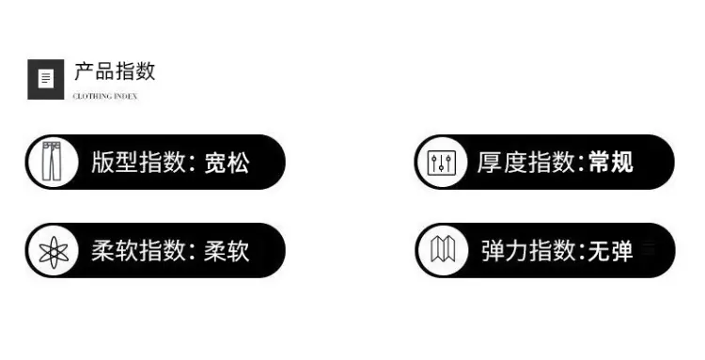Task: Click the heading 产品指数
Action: [x=115, y=71]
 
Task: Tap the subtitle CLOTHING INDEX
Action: [x=104, y=96]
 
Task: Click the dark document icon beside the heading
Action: [x=46, y=79]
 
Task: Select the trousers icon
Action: [x=52, y=162]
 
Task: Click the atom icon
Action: [x=54, y=252]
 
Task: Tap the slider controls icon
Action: [x=441, y=163]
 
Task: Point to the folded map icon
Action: [x=443, y=249]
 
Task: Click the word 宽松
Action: [x=227, y=163]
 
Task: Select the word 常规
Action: [x=611, y=162]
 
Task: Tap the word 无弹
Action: [x=611, y=251]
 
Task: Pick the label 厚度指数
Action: [x=526, y=162]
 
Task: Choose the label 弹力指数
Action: [x=528, y=251]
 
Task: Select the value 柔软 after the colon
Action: [x=227, y=251]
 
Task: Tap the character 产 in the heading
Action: [x=84, y=72]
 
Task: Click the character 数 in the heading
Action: [x=146, y=71]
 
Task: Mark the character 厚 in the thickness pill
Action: [x=489, y=163]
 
